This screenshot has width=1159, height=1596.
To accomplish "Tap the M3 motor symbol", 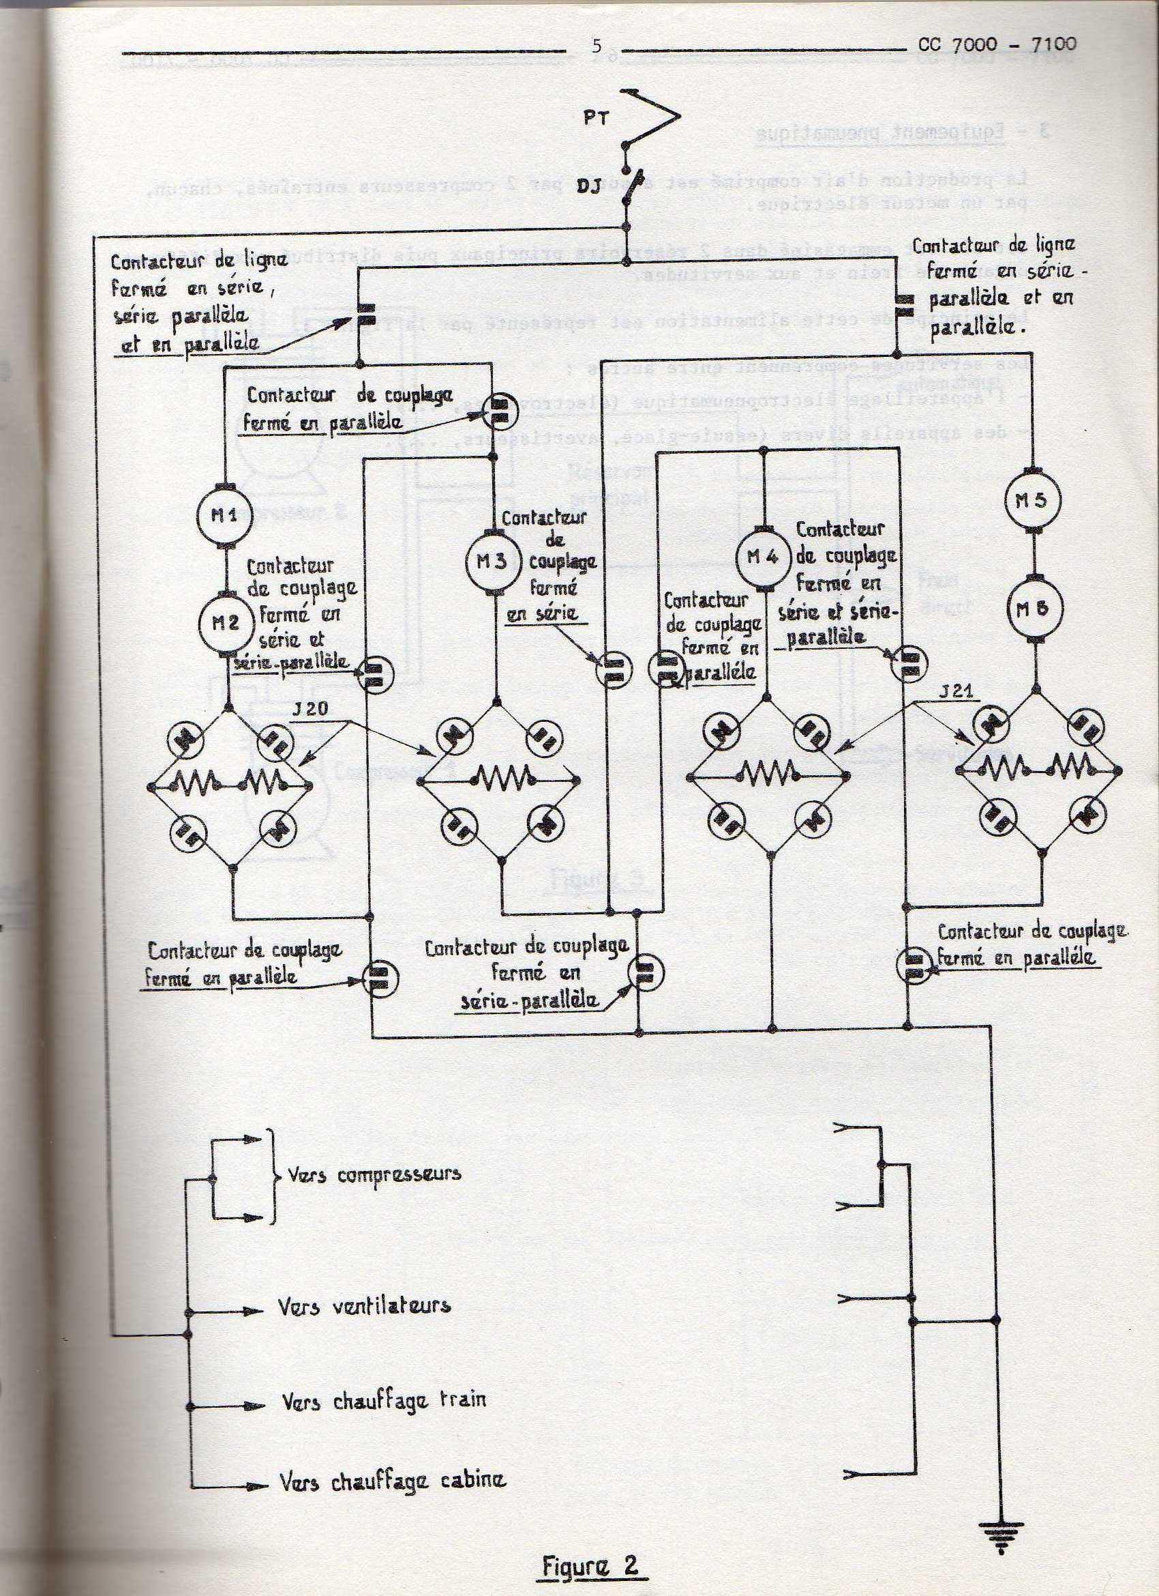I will [493, 562].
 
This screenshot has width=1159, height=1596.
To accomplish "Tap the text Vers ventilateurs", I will [363, 1307].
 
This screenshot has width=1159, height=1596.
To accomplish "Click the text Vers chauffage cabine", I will [393, 1483].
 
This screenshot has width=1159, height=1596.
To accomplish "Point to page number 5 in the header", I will [597, 46].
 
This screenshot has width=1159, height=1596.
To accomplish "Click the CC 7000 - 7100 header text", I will [997, 44].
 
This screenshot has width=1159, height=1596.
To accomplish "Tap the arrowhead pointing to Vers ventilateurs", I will [254, 1312].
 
